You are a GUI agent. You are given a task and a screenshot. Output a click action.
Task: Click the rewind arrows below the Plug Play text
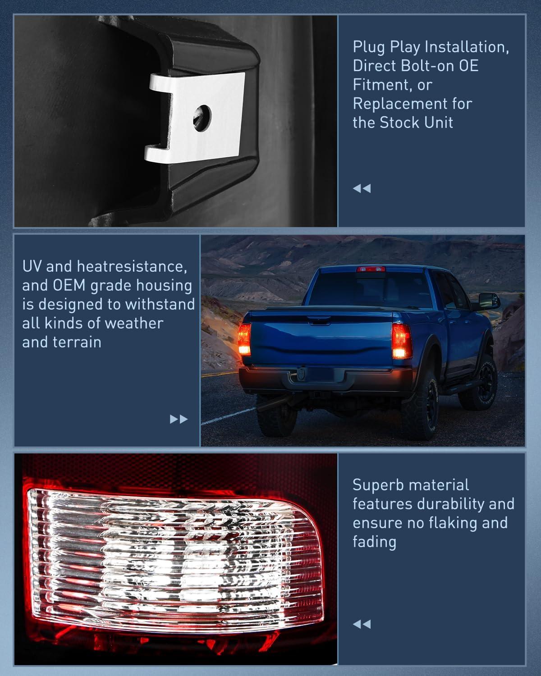[x=362, y=188]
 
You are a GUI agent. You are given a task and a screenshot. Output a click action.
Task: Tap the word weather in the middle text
[x=134, y=323]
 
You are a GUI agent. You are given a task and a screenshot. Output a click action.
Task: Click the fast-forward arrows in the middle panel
[x=179, y=420]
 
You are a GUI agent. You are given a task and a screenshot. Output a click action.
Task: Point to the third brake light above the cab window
[x=371, y=269]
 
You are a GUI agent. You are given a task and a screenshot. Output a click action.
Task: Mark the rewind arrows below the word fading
[x=362, y=624]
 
